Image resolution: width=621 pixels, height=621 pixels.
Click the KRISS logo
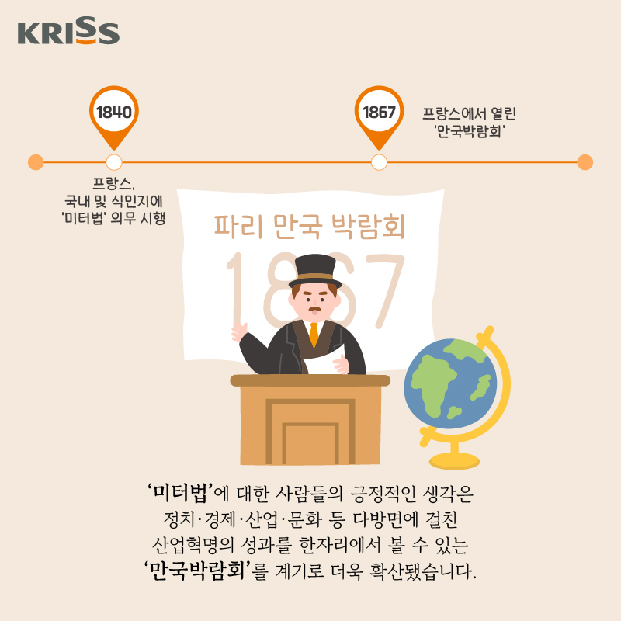click(68, 31)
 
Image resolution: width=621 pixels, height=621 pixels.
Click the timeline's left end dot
click(36, 162)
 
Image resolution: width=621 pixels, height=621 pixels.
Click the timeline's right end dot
click(585, 162)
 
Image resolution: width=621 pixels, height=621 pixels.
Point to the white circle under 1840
click(114, 162)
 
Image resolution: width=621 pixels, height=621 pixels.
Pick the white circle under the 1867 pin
click(379, 162)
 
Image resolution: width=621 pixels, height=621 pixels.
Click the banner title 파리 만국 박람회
click(309, 227)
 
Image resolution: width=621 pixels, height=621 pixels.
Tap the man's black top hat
click(315, 271)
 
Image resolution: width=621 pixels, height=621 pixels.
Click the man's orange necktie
click(314, 335)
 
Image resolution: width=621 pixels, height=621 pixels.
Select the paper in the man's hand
click(323, 359)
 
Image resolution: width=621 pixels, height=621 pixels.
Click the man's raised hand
click(239, 331)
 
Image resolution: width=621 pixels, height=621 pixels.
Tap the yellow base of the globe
click(454, 460)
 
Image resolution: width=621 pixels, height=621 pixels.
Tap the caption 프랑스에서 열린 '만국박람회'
click(470, 122)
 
